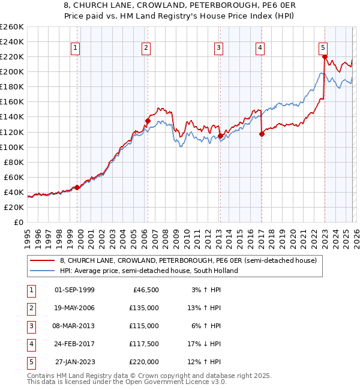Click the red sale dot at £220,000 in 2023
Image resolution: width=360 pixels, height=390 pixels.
click(x=325, y=57)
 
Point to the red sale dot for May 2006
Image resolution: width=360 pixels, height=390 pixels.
click(x=148, y=121)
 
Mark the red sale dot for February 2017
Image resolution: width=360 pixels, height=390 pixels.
click(x=262, y=134)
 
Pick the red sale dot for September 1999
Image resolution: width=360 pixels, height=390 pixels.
click(x=77, y=187)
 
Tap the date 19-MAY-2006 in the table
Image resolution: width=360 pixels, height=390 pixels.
click(x=74, y=308)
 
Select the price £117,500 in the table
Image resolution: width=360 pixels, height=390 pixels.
click(x=144, y=344)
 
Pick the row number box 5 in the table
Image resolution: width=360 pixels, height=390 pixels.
click(x=30, y=362)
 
